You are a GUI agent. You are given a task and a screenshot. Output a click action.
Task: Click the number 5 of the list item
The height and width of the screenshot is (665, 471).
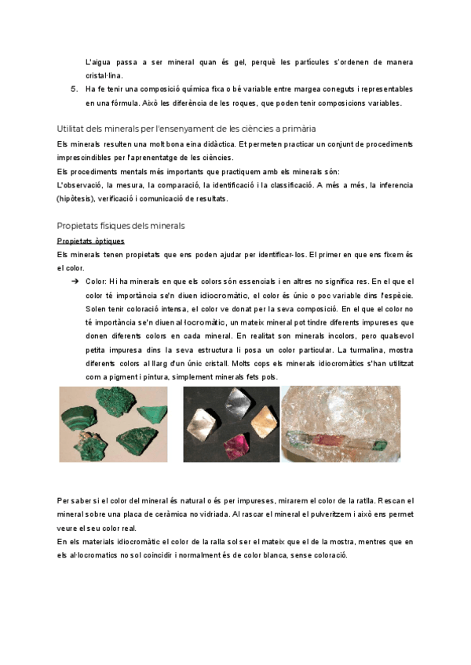coord(73,89)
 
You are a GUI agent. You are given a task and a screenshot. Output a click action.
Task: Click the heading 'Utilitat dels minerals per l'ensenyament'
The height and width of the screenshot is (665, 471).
coord(187,128)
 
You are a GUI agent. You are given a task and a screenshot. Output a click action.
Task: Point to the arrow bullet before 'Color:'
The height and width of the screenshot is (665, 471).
coord(74,281)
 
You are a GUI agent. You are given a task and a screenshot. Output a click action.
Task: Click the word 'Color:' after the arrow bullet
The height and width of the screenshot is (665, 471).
coord(97,281)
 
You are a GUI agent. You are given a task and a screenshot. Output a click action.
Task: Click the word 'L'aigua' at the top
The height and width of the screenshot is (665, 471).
coord(98,61)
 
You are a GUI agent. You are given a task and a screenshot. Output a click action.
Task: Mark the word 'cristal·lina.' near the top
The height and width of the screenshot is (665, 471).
coord(104,74)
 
